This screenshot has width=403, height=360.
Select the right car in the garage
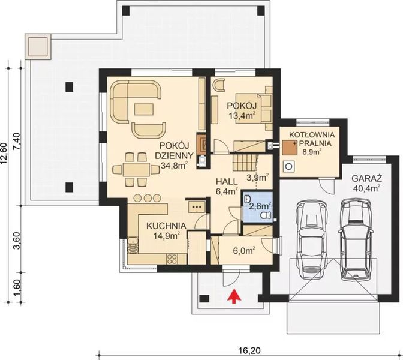pos(353,236)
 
